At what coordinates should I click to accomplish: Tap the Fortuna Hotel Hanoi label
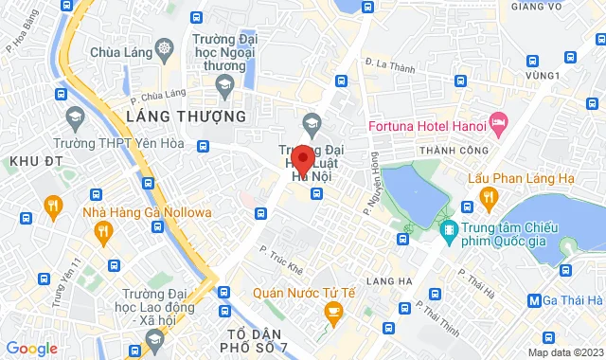coord(427,123)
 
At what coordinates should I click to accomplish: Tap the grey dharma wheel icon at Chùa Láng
coord(165,48)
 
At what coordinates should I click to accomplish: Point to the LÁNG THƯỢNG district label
coord(186,116)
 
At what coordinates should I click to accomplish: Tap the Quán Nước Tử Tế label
coord(310,292)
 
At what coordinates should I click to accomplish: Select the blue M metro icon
coord(535,302)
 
